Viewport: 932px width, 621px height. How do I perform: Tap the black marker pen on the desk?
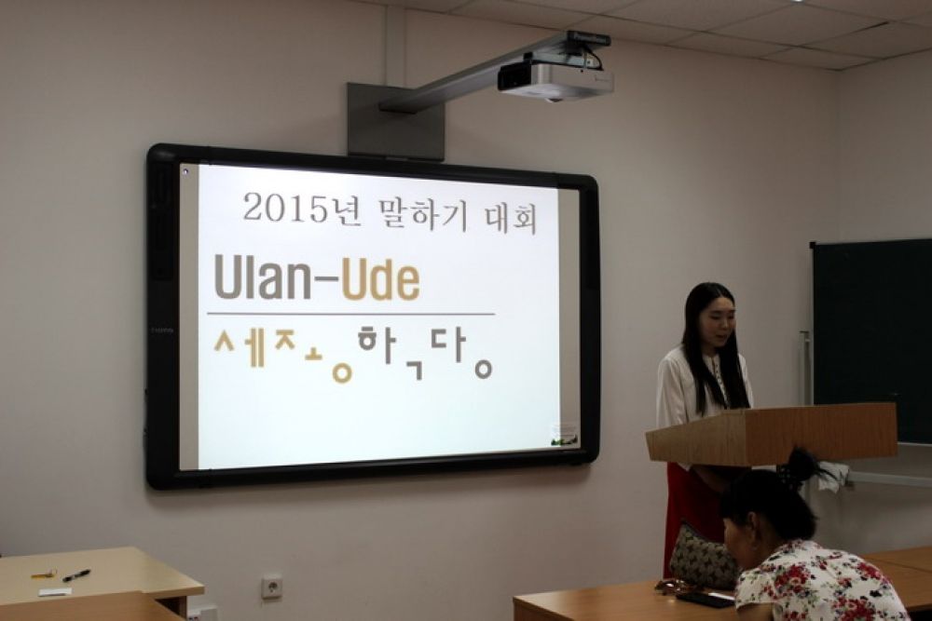point(76,575)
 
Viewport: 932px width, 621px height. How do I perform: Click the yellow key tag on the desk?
point(44,574)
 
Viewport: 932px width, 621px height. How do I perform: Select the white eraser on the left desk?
point(55,591)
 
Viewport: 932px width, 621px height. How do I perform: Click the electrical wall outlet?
point(271,587)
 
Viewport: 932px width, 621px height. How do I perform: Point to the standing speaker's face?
point(719,320)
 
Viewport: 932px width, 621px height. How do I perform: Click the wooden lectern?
point(772,434)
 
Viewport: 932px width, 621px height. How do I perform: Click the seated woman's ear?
point(749,523)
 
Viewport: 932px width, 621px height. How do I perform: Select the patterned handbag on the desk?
point(705,556)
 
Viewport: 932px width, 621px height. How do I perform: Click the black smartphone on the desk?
point(705,600)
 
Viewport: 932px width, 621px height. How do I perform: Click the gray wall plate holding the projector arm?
point(394,121)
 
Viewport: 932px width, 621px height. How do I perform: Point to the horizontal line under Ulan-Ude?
point(350,313)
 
